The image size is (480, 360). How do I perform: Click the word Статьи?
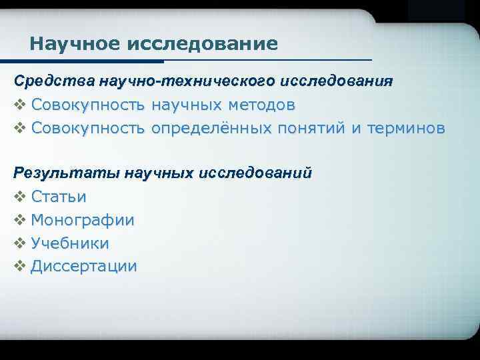pos(59,197)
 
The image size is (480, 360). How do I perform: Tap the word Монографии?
pos(83,220)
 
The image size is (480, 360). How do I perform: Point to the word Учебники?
pos(70,243)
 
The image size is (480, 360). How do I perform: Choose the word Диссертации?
pos(84,267)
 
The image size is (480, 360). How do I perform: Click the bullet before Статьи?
pos(19,197)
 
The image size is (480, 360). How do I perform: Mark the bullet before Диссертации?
pos(19,267)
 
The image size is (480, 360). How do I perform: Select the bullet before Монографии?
pos(19,220)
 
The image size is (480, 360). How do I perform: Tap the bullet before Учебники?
pos(19,243)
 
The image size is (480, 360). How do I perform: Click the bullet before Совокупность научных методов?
pos(19,105)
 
